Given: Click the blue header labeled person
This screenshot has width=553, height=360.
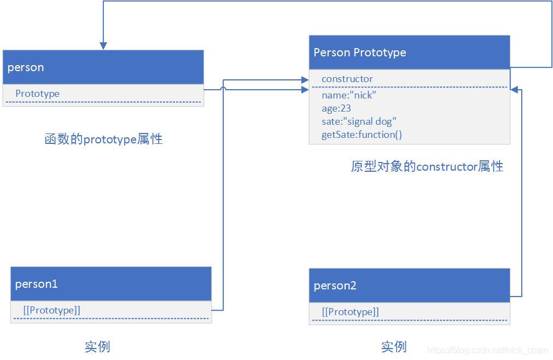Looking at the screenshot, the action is coord(103,67).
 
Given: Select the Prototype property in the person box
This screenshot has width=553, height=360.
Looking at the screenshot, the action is coord(37,94).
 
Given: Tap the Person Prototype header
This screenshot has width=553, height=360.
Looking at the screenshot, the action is coord(409,53).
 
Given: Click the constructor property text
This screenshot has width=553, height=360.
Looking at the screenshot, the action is coord(347,79).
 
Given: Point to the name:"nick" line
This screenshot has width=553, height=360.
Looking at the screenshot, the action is coord(349,95).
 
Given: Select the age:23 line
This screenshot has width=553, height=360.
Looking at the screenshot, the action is coord(336,108).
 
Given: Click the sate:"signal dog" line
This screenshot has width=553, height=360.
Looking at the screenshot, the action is coord(357,121).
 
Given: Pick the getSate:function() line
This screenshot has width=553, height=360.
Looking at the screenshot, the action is coord(362,135).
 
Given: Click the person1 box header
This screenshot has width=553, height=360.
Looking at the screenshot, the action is coord(110,284).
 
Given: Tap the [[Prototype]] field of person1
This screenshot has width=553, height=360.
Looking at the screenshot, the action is coord(52,310).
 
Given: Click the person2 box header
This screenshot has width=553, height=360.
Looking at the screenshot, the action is coord(409,286).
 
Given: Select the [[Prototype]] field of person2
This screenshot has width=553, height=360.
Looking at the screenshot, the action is coord(351,312).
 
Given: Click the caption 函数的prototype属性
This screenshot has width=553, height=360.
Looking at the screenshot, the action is coord(103,139).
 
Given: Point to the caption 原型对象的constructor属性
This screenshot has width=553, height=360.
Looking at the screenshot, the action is coord(427,166).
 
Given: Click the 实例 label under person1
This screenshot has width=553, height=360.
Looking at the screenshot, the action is coord(98,346).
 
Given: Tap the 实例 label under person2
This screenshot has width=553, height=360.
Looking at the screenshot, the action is coord(394,346).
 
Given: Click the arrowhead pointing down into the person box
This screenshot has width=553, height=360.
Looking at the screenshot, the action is coord(103,47).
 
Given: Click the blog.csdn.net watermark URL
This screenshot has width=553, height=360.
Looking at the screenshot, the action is coord(488,350).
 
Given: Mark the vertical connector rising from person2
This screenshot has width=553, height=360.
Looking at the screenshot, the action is coord(521,191).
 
